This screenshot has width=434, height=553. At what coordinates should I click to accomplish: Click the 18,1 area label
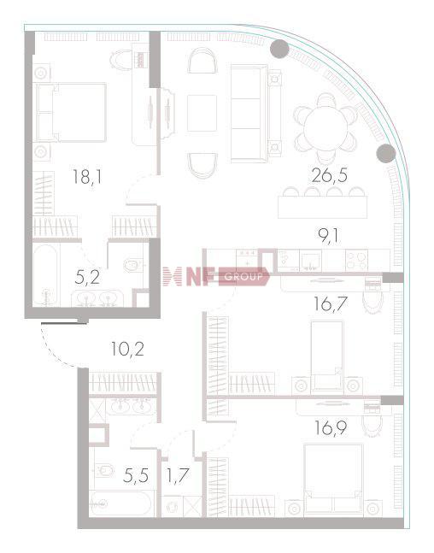[x=87, y=177]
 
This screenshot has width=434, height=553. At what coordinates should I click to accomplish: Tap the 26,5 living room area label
[x=329, y=175]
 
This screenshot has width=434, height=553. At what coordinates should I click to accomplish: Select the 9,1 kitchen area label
[x=328, y=236]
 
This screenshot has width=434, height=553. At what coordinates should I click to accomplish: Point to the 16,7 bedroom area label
[x=331, y=304]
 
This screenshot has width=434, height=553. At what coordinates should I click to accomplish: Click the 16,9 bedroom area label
[x=331, y=428]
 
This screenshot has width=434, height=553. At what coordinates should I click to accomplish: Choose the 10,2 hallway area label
[x=127, y=350]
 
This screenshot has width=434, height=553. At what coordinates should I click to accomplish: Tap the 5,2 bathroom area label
[x=87, y=278]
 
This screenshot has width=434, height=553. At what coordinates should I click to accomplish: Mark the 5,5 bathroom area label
[x=135, y=475]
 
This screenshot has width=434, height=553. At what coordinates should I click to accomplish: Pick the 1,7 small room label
[x=178, y=475]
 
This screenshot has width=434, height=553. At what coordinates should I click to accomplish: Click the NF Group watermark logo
[x=216, y=277]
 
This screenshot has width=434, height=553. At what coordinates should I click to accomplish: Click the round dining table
[x=325, y=128]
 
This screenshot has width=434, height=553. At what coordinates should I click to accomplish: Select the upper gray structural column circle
[x=279, y=49]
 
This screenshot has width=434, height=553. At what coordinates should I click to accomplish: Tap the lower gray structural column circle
[x=386, y=153]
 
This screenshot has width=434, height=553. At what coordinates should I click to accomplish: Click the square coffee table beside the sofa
[x=202, y=113]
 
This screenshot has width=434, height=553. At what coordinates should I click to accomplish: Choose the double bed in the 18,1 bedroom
[x=71, y=113]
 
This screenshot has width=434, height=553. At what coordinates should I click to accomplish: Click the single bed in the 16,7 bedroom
[x=327, y=356]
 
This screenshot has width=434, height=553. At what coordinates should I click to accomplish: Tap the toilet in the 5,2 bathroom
[x=133, y=265]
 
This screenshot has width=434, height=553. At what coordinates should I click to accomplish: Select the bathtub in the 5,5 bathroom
[x=121, y=504]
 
